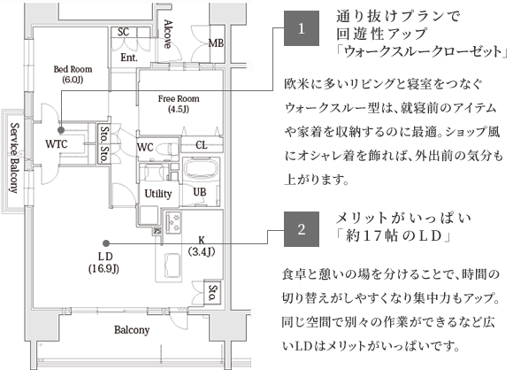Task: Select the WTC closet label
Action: tap(57, 144)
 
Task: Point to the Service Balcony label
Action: tap(14, 158)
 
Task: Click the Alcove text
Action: tap(168, 34)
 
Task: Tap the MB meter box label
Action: tap(217, 42)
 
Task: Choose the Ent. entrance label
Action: tap(129, 58)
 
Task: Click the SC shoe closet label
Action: tap(123, 32)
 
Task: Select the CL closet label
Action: tap(202, 145)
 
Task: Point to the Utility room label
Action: tap(158, 194)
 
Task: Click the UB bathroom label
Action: tap(200, 192)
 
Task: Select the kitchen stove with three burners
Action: tap(173, 222)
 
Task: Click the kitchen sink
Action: tap(172, 265)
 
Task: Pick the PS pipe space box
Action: tap(157, 231)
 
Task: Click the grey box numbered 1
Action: tap(302, 28)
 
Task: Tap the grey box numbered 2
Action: tap(302, 229)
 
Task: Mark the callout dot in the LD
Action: tap(105, 243)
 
